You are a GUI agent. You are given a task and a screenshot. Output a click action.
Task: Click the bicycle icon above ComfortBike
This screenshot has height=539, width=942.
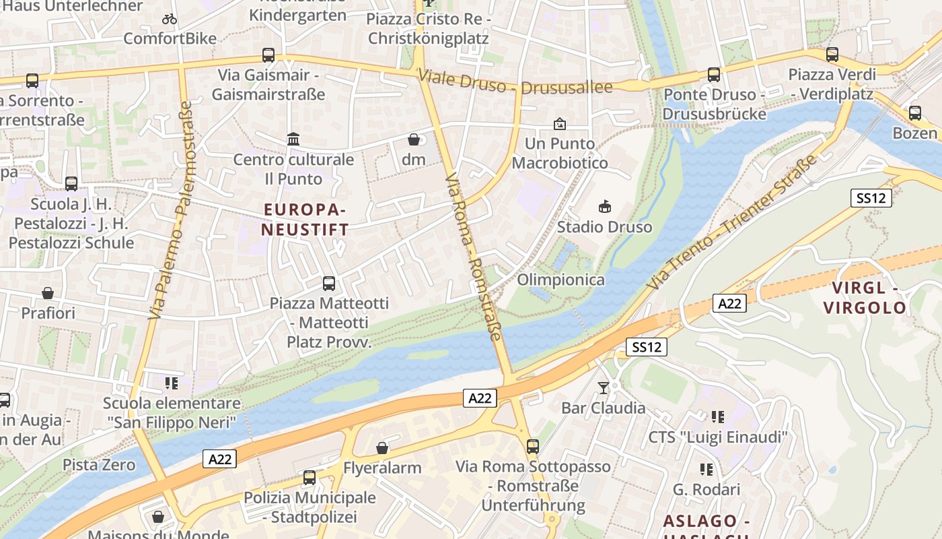(170, 19)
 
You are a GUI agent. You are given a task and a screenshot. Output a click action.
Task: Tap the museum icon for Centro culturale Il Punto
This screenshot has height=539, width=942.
(293, 139)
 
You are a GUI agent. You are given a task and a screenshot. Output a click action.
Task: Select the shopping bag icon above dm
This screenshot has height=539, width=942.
(414, 139)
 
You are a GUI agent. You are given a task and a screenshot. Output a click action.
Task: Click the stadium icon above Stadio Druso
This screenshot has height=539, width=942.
(604, 207)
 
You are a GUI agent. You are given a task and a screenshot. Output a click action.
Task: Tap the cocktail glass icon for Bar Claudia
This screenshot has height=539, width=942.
(604, 387)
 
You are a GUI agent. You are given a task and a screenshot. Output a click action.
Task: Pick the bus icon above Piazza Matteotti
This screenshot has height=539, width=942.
(329, 284)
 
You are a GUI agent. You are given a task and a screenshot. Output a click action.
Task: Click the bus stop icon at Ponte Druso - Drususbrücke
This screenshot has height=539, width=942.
(714, 75)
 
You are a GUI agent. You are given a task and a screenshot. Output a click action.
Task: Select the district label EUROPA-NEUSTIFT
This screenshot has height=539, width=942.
(305, 220)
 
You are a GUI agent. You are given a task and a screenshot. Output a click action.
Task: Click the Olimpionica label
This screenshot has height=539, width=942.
(560, 280)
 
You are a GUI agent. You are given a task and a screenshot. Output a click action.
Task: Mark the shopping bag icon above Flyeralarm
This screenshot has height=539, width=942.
(382, 448)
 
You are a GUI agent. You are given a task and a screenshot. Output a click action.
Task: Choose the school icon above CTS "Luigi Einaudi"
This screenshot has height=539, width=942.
(718, 417)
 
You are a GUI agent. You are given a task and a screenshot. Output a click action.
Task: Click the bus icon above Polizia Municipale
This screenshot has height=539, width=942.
(310, 478)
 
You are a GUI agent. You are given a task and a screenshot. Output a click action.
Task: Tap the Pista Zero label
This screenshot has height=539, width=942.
(99, 465)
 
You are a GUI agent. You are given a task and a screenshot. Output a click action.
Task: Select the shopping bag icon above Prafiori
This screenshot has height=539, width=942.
(48, 293)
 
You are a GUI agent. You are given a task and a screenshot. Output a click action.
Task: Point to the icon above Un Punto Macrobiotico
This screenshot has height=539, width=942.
(560, 124)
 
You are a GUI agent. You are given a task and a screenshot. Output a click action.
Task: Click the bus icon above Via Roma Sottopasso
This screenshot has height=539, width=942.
(533, 446)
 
